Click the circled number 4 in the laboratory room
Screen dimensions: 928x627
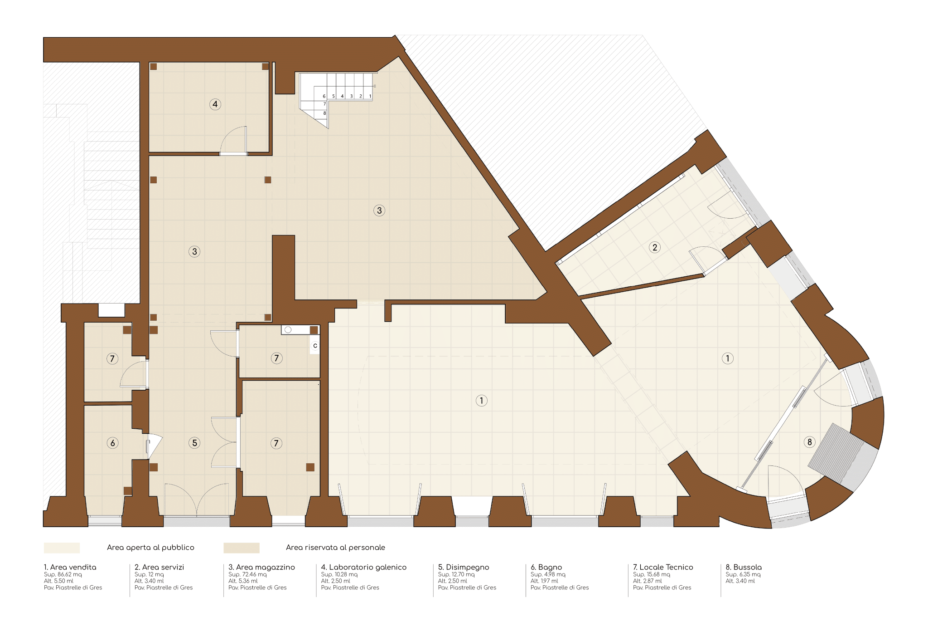coord(215,104)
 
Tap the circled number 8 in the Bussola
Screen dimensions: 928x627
coord(810,442)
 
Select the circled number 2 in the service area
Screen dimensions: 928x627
coord(655,247)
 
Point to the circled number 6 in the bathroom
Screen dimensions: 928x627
coord(113,443)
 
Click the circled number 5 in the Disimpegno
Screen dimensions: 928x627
coord(195,443)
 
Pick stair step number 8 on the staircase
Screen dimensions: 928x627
coord(324,113)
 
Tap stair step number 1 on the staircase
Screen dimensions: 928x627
coord(370,96)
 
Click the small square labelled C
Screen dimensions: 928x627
coord(315,346)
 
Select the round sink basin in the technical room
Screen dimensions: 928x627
coord(288,330)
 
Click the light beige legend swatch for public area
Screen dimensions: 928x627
coord(62,548)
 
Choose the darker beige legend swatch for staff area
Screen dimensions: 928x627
coord(242,548)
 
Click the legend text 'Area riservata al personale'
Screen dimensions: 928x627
coord(335,548)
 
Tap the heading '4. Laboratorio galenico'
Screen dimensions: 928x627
coord(364,567)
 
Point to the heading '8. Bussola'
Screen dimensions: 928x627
coord(744,567)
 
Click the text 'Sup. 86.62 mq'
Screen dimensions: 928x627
coord(63,574)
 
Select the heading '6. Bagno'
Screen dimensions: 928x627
coord(546,567)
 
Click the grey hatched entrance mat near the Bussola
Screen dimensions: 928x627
coord(835,453)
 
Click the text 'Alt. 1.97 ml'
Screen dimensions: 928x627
coord(545,581)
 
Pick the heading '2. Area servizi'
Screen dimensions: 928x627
coord(159,567)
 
